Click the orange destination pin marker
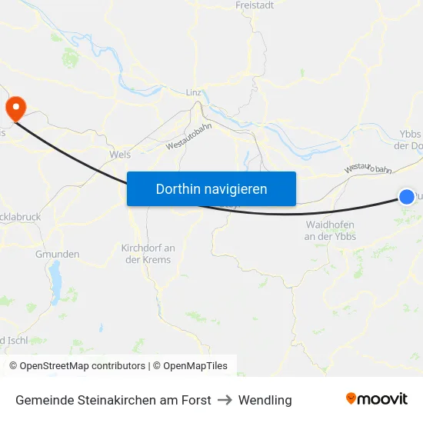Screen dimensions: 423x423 [15, 108]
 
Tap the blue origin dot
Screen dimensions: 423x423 [407, 197]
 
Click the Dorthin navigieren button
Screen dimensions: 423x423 [211, 188]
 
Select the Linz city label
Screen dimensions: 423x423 [194, 92]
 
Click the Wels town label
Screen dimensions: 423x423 [120, 154]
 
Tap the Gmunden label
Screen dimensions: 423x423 [58, 254]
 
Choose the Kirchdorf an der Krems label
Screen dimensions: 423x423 [148, 254]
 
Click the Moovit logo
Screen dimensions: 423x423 [377, 398]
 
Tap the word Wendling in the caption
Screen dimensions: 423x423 [265, 400]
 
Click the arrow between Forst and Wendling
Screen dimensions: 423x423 [225, 400]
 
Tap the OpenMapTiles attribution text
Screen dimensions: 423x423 [195, 366]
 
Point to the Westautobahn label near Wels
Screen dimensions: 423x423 [188, 138]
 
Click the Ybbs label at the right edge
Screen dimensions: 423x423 [411, 133]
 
